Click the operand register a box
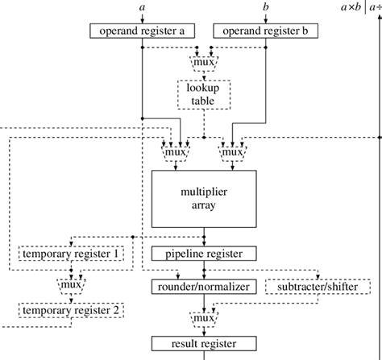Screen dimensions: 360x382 [143, 31]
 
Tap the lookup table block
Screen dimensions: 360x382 [204, 94]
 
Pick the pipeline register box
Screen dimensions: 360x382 [204, 254]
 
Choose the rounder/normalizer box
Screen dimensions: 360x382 [204, 286]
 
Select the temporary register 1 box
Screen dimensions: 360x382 [73, 254]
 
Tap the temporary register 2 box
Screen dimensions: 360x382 [73, 309]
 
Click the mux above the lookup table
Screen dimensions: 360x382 [204, 60]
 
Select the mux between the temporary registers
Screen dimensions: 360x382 [73, 283]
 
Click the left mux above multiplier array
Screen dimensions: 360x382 [176, 151]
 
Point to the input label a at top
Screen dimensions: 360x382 [143, 6]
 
